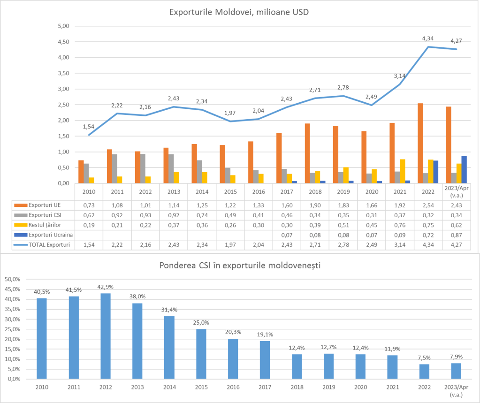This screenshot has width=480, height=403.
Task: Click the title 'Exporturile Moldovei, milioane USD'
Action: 239,12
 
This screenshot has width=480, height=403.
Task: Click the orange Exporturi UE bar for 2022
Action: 420,143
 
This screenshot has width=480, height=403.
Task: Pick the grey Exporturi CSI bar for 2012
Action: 142,168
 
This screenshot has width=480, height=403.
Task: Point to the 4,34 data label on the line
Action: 428,38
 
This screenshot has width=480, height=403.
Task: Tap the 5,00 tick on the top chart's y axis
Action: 63,26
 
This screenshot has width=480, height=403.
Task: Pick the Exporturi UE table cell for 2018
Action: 315,205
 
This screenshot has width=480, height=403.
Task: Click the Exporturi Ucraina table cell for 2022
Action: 428,235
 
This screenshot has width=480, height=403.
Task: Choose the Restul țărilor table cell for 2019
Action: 343,225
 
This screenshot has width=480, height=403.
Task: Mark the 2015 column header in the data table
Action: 230,192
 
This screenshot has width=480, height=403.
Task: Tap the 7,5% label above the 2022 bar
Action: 424,357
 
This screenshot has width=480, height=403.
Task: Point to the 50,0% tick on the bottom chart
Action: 12,279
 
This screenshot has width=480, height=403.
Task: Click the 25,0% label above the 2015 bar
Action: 201,323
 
